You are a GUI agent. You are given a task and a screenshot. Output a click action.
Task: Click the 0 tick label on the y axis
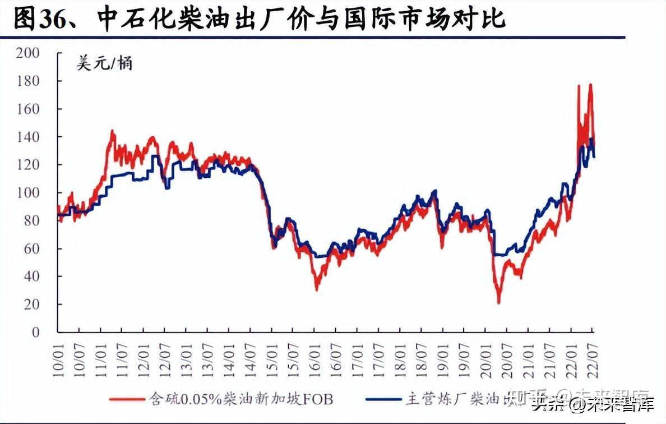click(x=36, y=333)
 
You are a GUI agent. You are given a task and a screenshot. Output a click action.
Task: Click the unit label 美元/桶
click(x=104, y=64)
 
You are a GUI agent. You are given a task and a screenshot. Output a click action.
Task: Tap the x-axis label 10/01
click(x=58, y=351)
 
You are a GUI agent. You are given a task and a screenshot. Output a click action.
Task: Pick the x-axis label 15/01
click(x=272, y=351)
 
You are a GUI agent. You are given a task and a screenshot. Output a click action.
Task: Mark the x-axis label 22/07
click(x=593, y=351)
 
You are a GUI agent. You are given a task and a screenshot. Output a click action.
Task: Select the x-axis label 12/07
click(x=165, y=351)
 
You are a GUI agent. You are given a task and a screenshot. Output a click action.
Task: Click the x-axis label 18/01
click(x=400, y=351)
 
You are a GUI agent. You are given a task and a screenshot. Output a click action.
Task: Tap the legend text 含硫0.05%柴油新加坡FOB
click(x=241, y=399)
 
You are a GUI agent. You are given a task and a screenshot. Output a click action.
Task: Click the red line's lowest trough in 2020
click(x=498, y=303)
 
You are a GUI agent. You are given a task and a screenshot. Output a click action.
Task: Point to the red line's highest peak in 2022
click(x=590, y=85)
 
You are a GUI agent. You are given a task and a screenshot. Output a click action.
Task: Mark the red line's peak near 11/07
click(x=112, y=131)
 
